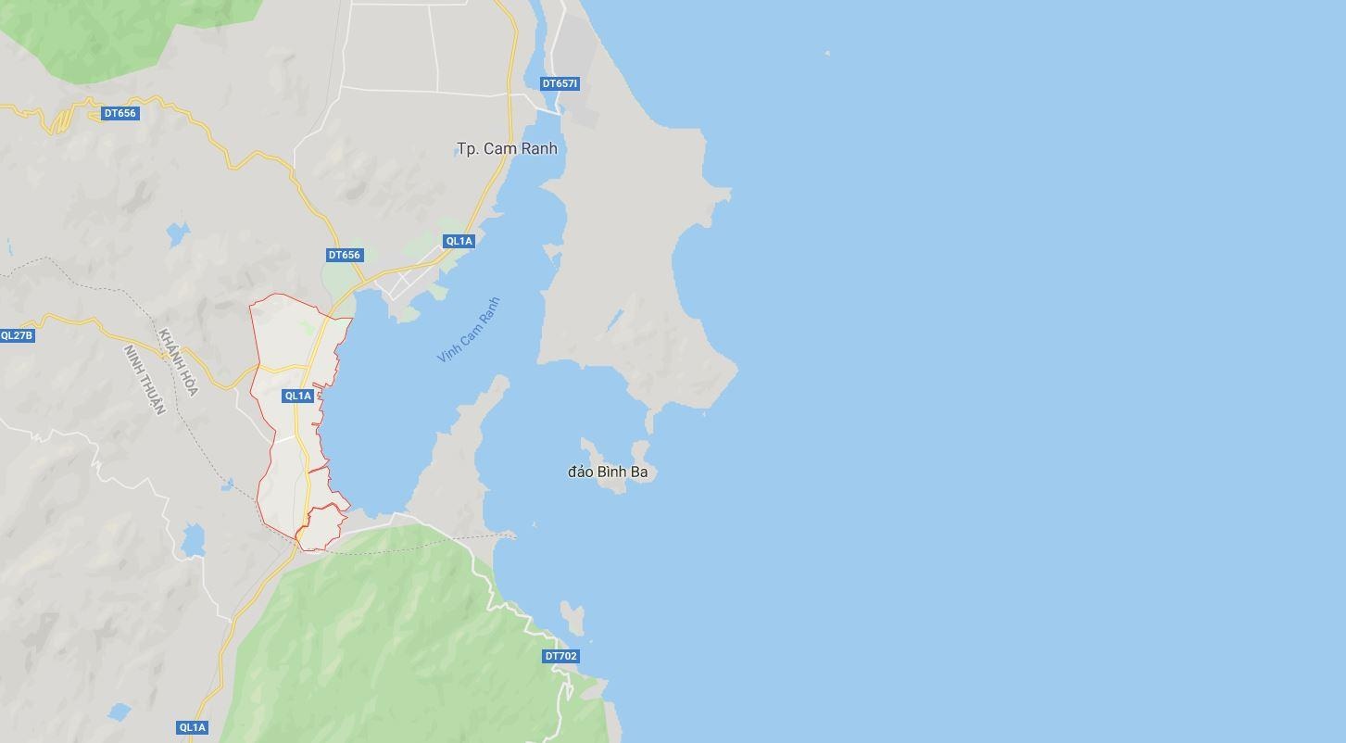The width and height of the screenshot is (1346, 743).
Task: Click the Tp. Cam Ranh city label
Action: click(507, 148)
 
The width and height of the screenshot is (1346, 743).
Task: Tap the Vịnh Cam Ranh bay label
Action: click(469, 330)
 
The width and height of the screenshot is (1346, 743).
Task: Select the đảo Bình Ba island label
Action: click(608, 472)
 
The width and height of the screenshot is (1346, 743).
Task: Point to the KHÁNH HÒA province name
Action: click(178, 362)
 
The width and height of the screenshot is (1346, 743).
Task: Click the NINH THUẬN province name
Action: click(145, 380)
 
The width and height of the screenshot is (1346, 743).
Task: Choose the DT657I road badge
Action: click(560, 83)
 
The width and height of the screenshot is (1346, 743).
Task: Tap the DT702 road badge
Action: click(560, 656)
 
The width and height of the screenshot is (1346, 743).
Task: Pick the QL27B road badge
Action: click(17, 335)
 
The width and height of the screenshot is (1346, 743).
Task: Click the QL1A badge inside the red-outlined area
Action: click(297, 396)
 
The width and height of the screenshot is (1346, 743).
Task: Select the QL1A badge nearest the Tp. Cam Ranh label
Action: click(459, 241)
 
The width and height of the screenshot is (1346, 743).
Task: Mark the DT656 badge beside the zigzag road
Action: click(120, 113)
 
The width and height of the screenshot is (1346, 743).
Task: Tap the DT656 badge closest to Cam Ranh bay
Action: click(344, 255)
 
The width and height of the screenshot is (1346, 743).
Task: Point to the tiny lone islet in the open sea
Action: click(827, 54)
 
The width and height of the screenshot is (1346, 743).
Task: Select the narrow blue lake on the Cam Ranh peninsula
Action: click(614, 321)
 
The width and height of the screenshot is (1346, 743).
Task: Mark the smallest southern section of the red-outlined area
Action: click(321, 527)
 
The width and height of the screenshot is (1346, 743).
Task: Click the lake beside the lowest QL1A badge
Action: click(119, 712)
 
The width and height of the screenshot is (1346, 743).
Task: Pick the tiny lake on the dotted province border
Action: click(227, 485)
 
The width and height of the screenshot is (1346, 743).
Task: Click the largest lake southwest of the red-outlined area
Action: click(193, 540)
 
